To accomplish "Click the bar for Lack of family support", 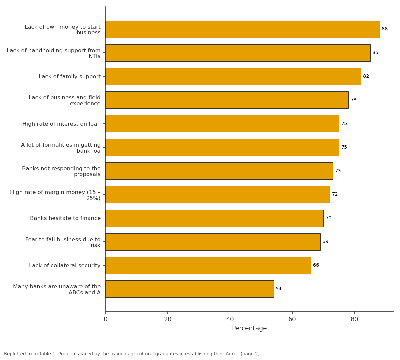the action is (233, 77).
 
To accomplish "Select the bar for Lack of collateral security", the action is (208, 266).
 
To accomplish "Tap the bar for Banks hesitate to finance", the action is (214, 218).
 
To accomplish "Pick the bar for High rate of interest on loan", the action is (222, 124).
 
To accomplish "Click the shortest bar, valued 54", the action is (189, 289).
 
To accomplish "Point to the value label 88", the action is (385, 29).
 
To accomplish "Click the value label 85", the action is (375, 52).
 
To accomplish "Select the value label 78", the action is (354, 100).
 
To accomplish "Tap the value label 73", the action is (338, 171).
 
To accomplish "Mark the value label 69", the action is (325, 242).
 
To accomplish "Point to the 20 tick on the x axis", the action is (168, 313).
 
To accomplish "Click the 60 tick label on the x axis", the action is (292, 319).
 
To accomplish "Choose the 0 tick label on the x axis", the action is (105, 319).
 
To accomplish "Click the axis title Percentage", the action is (249, 328).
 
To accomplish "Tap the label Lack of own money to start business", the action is (63, 30).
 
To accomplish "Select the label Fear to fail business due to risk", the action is (63, 242).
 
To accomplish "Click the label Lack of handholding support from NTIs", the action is (53, 53).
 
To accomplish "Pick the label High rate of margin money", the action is (55, 195).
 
